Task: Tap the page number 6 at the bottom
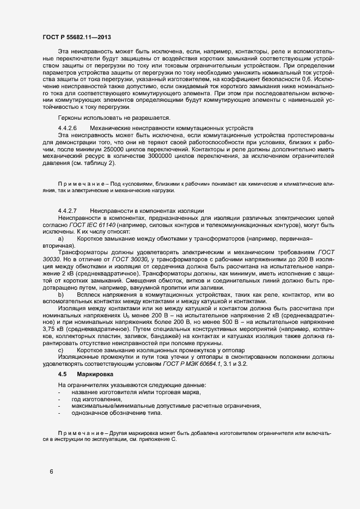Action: (51, 471)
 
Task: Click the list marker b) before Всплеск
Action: (61, 295)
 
